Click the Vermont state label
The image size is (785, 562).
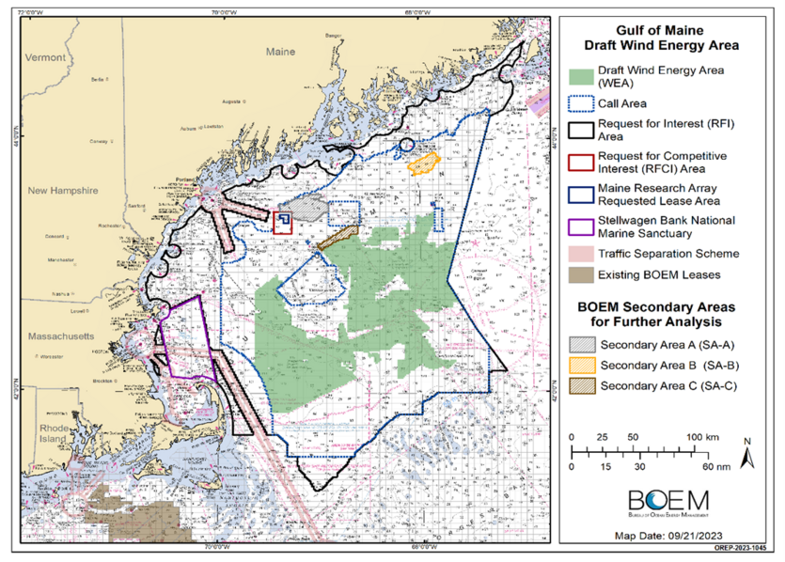(x=45, y=57)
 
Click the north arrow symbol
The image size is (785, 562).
(x=746, y=456)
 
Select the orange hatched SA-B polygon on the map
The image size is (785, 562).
(x=424, y=164)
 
